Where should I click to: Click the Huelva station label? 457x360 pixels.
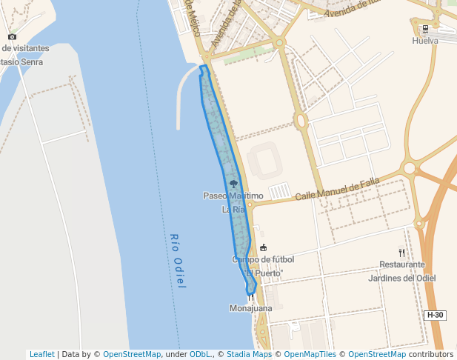(425, 41)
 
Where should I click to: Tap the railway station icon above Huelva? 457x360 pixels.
(425, 30)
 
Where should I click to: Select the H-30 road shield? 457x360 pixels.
(435, 315)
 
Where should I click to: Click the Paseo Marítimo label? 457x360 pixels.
(233, 196)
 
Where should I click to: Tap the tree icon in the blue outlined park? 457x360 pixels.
(234, 183)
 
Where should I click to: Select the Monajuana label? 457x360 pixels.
(251, 308)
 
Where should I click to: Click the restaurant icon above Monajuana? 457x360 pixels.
(251, 297)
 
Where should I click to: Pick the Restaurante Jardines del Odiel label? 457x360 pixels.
(402, 271)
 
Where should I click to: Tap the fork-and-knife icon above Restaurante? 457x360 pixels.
(402, 253)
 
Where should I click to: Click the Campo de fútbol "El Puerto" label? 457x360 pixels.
(263, 266)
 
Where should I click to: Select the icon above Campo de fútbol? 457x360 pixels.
(263, 247)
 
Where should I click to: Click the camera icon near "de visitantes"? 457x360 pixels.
(12, 36)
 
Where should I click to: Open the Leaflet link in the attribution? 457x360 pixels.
(41, 354)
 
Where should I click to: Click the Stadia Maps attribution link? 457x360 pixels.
(250, 354)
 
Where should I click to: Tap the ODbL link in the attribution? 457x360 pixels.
(200, 354)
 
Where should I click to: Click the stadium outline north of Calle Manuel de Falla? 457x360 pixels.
(264, 161)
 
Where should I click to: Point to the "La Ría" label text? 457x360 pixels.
(233, 210)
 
